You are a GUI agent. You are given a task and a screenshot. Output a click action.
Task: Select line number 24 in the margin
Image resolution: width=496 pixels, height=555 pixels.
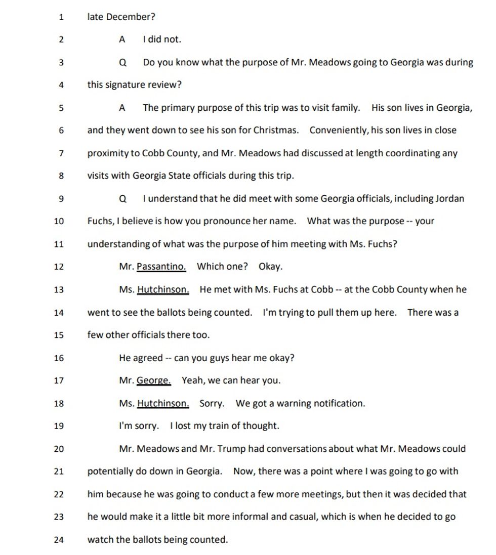point(59,540)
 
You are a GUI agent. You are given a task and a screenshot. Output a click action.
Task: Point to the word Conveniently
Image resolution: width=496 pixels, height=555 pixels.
point(339,131)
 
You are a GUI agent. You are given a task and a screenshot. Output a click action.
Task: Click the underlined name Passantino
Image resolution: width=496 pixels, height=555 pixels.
point(161,267)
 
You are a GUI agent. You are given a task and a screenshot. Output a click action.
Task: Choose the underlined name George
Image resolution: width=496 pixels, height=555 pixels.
point(154,380)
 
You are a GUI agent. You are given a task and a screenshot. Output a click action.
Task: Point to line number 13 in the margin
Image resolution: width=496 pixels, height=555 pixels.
point(59,290)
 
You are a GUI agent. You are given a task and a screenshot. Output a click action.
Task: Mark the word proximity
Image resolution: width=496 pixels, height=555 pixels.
point(107,153)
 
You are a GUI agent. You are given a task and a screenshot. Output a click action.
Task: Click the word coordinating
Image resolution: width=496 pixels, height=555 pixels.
point(412,153)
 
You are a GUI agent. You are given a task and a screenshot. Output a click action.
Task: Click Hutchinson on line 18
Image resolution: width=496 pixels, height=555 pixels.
point(163,403)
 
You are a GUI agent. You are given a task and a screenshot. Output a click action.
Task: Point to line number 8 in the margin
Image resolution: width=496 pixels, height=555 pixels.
point(61,176)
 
